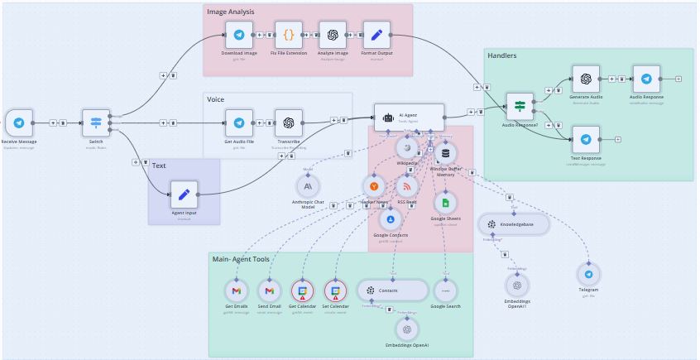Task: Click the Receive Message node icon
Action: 18,122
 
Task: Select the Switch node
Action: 96,122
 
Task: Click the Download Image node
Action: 239,35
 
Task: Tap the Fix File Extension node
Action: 289,35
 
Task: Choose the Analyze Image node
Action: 333,35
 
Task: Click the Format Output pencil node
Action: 376,35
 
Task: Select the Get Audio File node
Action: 239,122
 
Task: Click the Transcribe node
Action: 289,122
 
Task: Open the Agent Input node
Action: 184,194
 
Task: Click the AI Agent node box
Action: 409,117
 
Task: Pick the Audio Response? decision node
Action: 520,106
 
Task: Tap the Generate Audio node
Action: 586,79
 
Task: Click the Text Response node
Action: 586,139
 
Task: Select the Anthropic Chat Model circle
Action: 308,186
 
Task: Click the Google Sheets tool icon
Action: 445,203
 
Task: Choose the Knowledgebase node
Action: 514,224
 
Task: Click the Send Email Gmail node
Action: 270,290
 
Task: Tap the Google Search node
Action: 445,290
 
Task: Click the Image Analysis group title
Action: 231,12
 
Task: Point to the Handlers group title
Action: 502,55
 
